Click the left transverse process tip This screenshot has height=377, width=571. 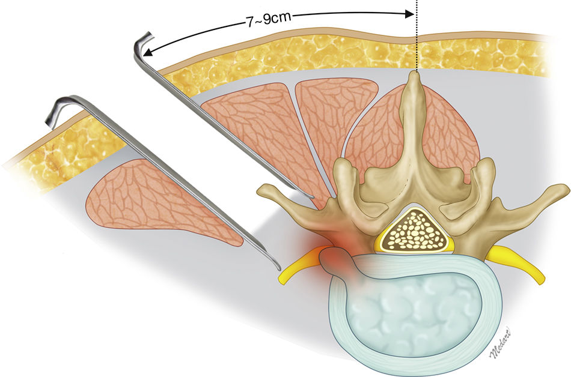coord(262,192)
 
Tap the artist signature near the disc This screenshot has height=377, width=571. coord(501,345)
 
